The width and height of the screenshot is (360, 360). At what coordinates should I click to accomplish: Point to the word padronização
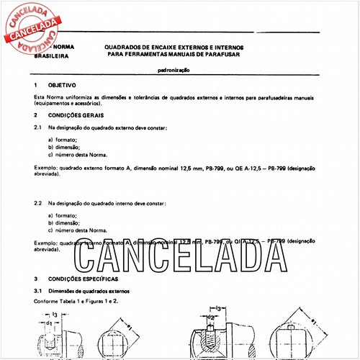(177, 71)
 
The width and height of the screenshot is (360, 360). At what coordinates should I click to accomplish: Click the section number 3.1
(39, 289)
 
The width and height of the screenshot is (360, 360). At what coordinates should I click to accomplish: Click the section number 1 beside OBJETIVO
(36, 85)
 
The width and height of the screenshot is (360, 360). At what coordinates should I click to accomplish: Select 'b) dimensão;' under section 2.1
(65, 146)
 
